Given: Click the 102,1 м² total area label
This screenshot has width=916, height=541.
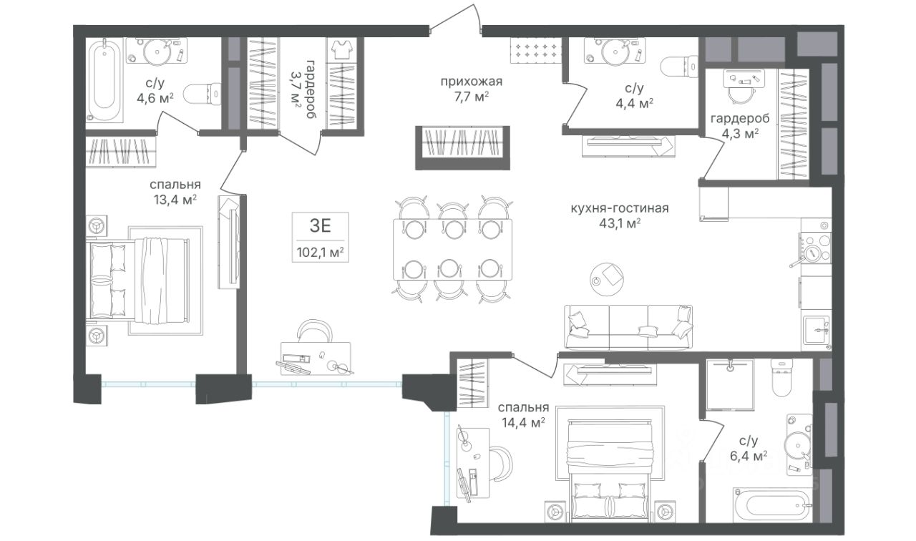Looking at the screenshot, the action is point(320,252).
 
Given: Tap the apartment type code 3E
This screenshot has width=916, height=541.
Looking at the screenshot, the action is point(320,225).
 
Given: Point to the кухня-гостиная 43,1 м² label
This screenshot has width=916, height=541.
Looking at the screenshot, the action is point(620,215).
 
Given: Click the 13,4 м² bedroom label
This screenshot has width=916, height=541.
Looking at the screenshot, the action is point(175,192).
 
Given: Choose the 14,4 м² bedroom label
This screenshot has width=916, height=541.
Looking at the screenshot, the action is point(523,414).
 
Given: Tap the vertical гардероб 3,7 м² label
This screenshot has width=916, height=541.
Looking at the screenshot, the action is point(303,89).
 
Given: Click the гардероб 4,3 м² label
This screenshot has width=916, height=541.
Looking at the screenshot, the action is point(740,125).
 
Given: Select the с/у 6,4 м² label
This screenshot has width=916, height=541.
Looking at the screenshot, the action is point(749,448).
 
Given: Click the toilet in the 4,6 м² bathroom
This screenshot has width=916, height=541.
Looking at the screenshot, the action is point(203,94).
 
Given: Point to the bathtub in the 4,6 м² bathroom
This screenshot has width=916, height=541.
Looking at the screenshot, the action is point(104,80).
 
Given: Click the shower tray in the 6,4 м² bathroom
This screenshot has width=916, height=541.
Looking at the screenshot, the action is point(730,384).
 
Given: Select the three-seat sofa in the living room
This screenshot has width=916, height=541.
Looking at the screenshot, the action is point(628,327).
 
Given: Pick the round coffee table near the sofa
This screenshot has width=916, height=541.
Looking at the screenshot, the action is point(607,280).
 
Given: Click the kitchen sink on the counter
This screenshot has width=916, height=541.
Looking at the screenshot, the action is point(815,331).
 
